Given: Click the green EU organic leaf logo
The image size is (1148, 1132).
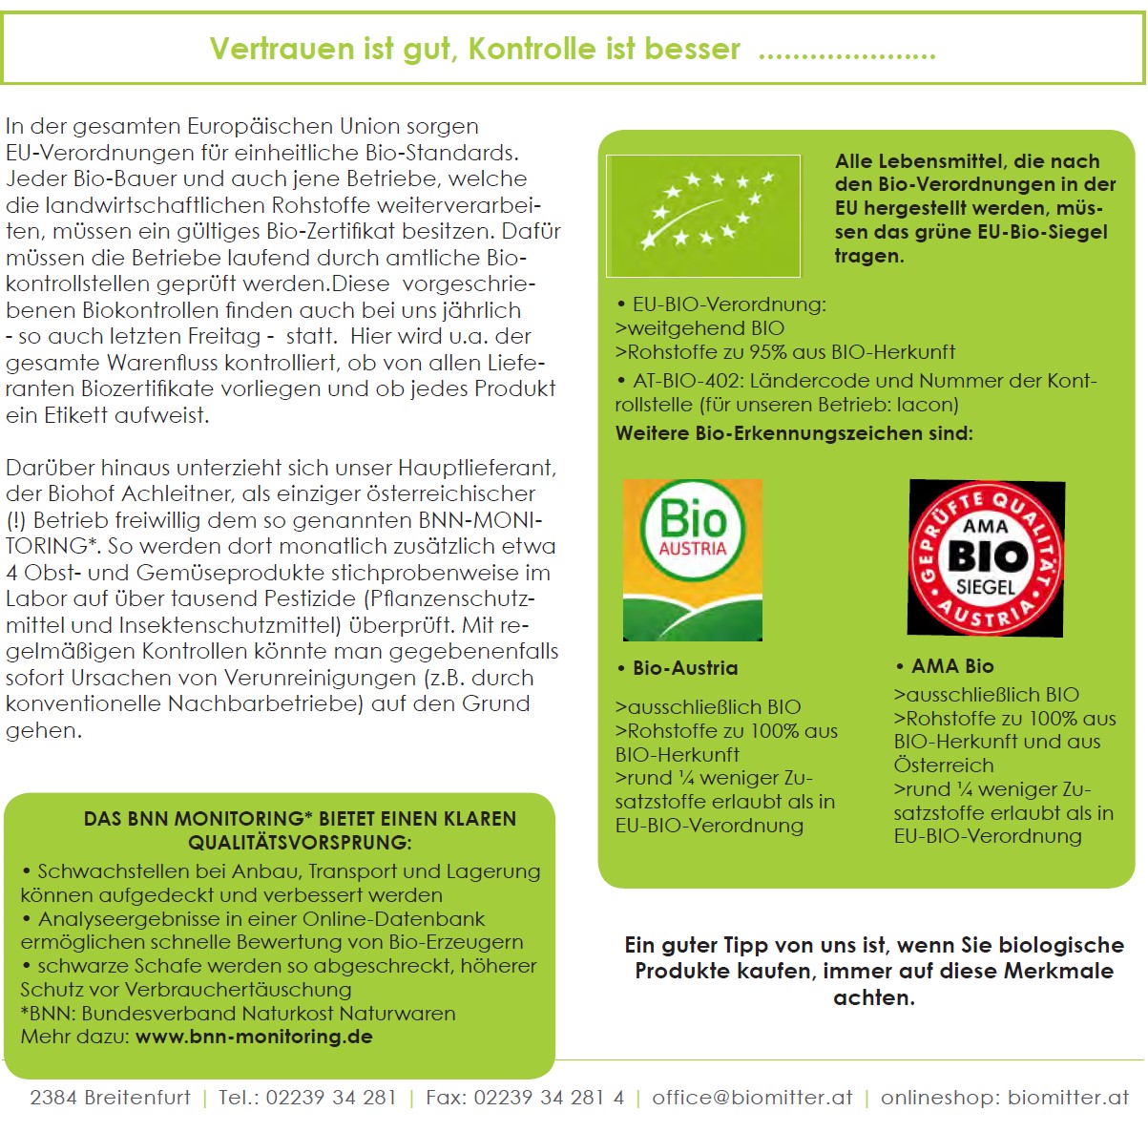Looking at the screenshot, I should point(704,216).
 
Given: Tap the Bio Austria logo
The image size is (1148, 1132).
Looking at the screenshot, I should point(693,559).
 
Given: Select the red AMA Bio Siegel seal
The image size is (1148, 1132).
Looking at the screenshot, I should point(986,558).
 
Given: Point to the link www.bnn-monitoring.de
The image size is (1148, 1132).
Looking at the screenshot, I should point(254,1037).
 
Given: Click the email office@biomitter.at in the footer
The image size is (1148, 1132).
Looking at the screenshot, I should point(752,1098).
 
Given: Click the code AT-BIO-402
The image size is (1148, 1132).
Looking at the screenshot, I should point(686,381).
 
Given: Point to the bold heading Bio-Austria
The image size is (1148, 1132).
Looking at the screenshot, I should point(685,668).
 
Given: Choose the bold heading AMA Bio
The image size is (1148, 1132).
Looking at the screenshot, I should point(952,666).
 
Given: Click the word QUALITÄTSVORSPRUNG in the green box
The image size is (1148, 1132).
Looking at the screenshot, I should point(298,843).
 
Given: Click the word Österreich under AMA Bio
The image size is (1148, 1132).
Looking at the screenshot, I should point(944,765).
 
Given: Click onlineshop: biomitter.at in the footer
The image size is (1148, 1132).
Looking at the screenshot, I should point(1004,1098).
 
